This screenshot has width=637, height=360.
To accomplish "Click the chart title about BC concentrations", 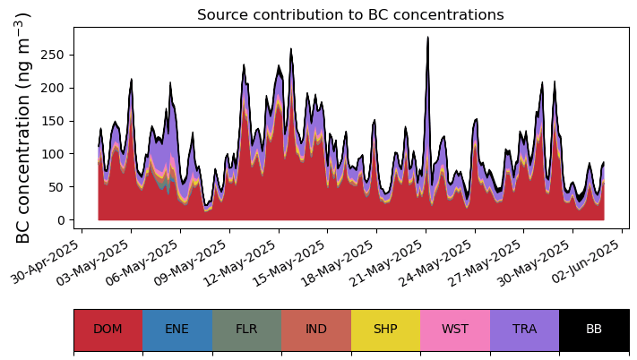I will pos(350,15).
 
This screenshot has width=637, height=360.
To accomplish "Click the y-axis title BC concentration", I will pos(24,128).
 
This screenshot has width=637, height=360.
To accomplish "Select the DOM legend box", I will pos(108,329).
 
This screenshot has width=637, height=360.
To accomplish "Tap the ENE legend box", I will pos(177,329).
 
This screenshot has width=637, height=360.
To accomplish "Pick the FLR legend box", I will pos(246,329).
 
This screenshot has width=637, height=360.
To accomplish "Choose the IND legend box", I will pos(316,329).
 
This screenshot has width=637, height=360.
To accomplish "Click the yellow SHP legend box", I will pos(385,329).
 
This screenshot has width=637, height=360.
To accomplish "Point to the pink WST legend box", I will pos(455,329).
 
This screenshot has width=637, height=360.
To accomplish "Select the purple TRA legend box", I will pos(524,329).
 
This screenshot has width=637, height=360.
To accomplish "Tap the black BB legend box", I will pos(594,329).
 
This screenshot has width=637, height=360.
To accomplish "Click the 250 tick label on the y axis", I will pos(56,55).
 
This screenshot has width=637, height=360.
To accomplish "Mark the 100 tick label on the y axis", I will pos(56,154).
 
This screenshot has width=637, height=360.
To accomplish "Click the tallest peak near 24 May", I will pos(428,38).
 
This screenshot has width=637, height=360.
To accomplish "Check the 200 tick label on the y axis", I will pos(56,88).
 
